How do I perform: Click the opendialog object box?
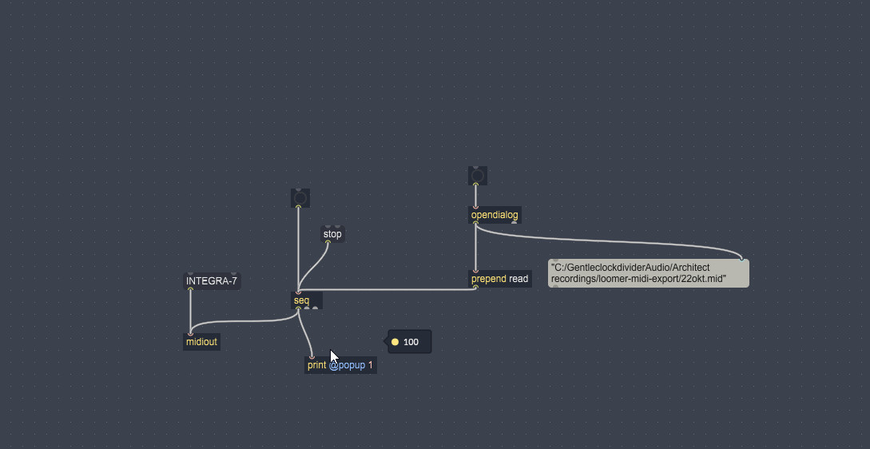pos(495,215)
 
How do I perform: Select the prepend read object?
pos(500,279)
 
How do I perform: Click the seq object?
pos(307,300)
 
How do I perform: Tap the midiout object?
pos(201,342)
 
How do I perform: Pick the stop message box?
pos(332,234)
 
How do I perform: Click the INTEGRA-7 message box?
pos(212,281)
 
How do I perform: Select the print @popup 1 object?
pos(340,365)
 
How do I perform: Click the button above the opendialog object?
pos(477,176)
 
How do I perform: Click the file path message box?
pos(648,273)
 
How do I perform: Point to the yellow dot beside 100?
pos(395,342)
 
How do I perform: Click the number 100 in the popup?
pos(411,342)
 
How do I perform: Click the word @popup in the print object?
pos(347,365)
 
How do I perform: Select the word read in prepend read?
pos(518,279)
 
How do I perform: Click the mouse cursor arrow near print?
pos(334,356)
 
